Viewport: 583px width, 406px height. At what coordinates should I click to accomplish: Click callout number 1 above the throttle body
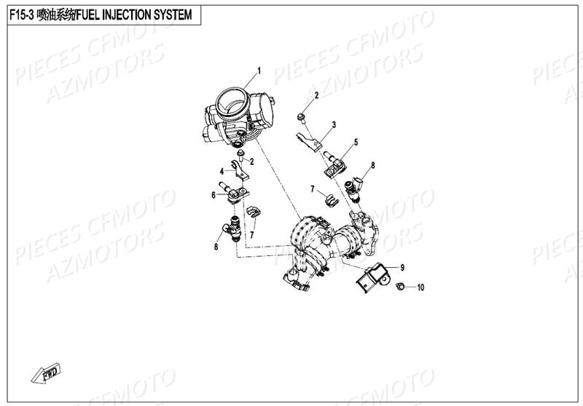pyautogui.click(x=258, y=71)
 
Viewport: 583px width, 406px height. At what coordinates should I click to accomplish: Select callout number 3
pyautogui.click(x=334, y=124)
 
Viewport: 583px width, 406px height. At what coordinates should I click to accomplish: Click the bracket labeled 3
pyautogui.click(x=310, y=140)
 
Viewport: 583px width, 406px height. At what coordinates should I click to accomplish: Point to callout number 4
pyautogui.click(x=222, y=172)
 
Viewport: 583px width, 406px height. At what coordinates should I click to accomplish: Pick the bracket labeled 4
pyautogui.click(x=240, y=170)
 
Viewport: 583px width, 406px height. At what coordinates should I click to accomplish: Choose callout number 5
pyautogui.click(x=356, y=143)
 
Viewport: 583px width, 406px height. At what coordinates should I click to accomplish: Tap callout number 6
pyautogui.click(x=214, y=195)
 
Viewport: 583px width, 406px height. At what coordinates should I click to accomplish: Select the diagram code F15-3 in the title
pyautogui.click(x=20, y=15)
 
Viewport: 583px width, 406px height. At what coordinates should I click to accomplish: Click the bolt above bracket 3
pyautogui.click(x=302, y=116)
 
